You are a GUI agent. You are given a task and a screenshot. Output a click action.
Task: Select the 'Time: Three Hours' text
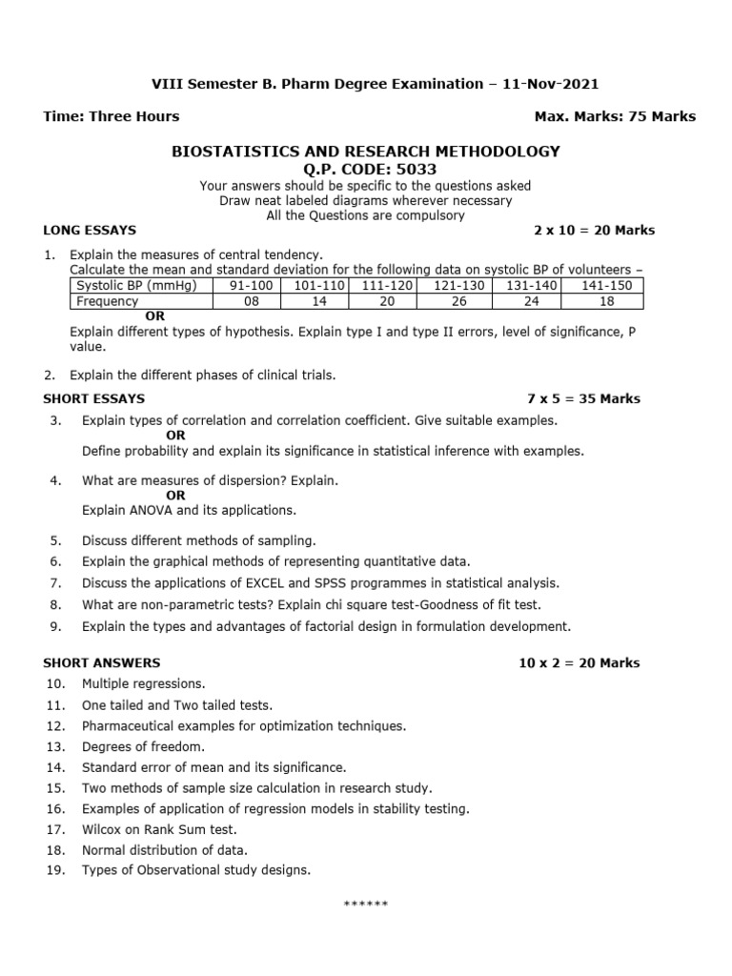click(112, 116)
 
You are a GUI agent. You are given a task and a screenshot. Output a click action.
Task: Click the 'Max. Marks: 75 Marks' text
click(616, 116)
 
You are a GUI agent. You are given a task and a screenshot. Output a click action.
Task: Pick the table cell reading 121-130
click(459, 286)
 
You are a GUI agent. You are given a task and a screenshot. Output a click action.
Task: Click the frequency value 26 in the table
click(459, 301)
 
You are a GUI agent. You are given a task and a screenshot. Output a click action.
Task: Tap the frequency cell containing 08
click(251, 301)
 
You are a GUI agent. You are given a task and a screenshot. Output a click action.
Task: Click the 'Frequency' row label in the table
click(108, 301)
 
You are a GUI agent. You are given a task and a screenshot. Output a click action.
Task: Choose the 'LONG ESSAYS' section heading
click(90, 231)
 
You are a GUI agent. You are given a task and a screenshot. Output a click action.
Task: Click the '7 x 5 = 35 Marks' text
click(583, 398)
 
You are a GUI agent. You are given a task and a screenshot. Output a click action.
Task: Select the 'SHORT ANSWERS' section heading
click(102, 662)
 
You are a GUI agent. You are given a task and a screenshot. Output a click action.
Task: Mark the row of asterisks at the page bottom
click(365, 904)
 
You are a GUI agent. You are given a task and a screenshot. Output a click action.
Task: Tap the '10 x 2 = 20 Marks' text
click(579, 662)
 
